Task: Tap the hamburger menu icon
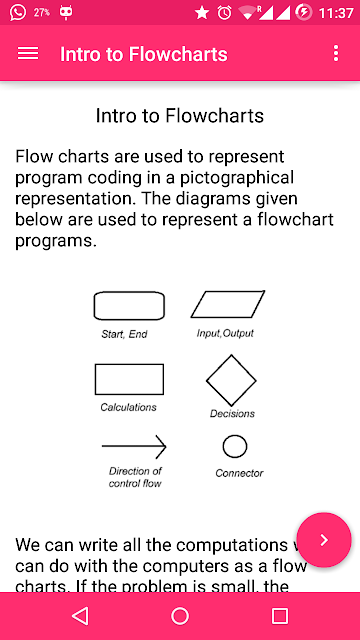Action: [x=28, y=53]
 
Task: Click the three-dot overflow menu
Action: [x=336, y=53]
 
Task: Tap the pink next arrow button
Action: [x=324, y=540]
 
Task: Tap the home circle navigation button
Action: [x=180, y=616]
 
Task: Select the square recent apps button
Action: [x=280, y=616]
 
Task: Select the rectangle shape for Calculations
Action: [x=129, y=364]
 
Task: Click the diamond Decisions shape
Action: [x=218, y=367]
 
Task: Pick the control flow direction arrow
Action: [x=134, y=446]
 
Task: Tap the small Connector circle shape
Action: [x=235, y=435]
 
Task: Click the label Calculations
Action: [x=128, y=407]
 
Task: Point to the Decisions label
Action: [x=232, y=413]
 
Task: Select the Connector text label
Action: [x=239, y=473]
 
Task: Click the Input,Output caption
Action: [x=225, y=333]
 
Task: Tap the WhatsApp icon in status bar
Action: [x=18, y=12]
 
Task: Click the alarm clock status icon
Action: [x=224, y=13]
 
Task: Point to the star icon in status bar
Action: [x=202, y=13]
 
